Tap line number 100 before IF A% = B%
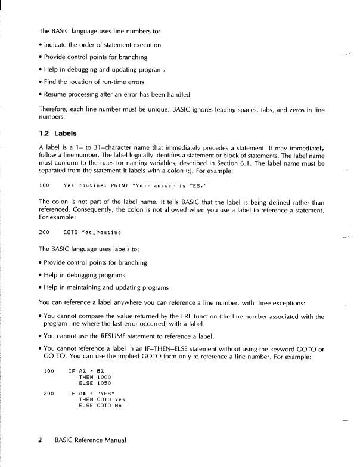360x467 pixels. coord(49,371)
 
